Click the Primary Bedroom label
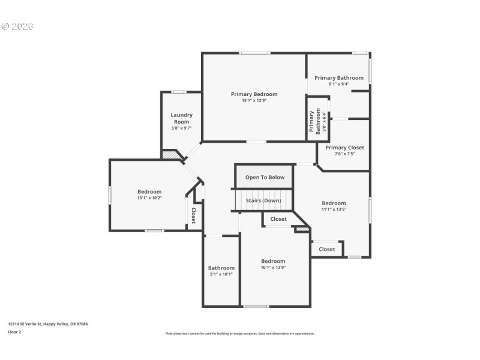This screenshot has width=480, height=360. pyautogui.click(x=254, y=94)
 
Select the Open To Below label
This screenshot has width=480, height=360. pyautogui.click(x=265, y=178)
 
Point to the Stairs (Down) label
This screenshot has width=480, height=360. pyautogui.click(x=263, y=200)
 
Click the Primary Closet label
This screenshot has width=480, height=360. pyautogui.click(x=344, y=148)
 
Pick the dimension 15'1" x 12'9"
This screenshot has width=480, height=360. pyautogui.click(x=254, y=101)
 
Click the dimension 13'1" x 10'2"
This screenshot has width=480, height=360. pyautogui.click(x=149, y=198)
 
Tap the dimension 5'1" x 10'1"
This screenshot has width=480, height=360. pyautogui.click(x=221, y=274)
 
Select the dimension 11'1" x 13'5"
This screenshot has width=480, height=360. pyautogui.click(x=334, y=210)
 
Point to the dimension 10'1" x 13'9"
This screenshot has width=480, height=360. pyautogui.click(x=273, y=268)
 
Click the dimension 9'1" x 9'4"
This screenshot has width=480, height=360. pyautogui.click(x=338, y=84)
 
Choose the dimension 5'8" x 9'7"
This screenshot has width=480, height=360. pyautogui.click(x=181, y=128)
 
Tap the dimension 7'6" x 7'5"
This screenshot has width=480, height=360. pyautogui.click(x=344, y=154)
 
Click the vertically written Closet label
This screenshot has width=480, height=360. pyautogui.click(x=193, y=216)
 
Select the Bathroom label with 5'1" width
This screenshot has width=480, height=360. pyautogui.click(x=221, y=268)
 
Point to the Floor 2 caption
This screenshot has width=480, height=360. pyautogui.click(x=14, y=331)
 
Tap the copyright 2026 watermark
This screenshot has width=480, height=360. pyautogui.click(x=17, y=26)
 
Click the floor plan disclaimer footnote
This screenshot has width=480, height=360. pyautogui.click(x=240, y=334)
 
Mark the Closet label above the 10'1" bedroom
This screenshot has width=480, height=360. pyautogui.click(x=278, y=219)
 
